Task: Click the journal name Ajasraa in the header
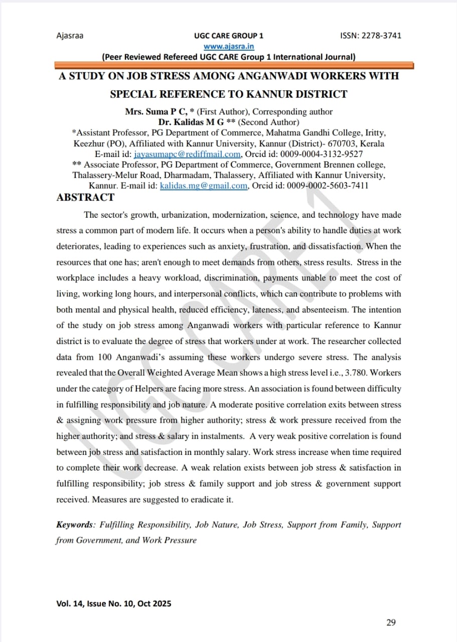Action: click(70, 36)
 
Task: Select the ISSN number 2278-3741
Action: click(381, 36)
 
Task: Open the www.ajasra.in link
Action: click(229, 46)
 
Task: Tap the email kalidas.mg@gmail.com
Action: click(203, 186)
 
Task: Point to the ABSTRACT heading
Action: click(85, 197)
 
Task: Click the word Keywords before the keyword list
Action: click(75, 525)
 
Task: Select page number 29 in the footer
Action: click(391, 622)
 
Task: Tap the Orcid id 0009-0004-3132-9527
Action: click(321, 154)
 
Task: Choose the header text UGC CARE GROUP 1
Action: click(228, 36)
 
